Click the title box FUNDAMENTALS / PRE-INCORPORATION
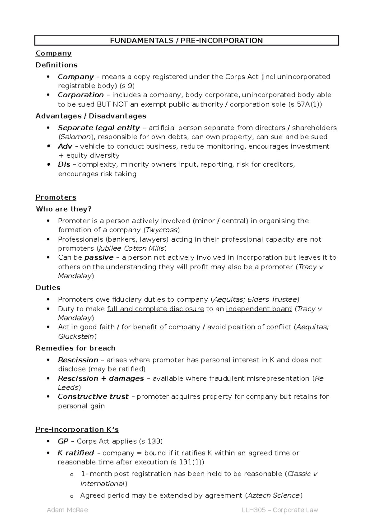click(186, 40)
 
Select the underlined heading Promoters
click(56, 197)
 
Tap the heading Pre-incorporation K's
click(77, 429)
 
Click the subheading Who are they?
click(64, 209)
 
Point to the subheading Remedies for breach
click(76, 348)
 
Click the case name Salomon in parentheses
click(76, 137)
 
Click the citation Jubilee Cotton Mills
click(131, 248)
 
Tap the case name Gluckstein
click(76, 336)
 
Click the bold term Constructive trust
click(93, 396)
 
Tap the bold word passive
click(99, 257)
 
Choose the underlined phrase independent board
click(259, 309)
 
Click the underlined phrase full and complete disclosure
click(155, 309)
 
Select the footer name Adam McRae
click(67, 510)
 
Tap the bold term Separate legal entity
click(99, 128)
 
